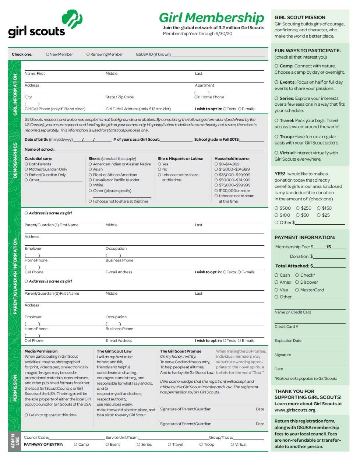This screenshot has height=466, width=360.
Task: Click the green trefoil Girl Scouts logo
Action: pyautogui.click(x=72, y=19)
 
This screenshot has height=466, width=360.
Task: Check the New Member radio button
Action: pyautogui.click(x=47, y=54)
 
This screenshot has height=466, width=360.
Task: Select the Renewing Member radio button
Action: pyautogui.click(x=88, y=54)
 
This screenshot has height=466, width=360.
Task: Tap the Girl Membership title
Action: pyautogui.click(x=211, y=17)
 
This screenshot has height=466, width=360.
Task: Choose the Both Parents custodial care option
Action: pyautogui.click(x=26, y=164)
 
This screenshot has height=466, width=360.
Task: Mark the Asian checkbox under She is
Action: pyautogui.click(x=90, y=169)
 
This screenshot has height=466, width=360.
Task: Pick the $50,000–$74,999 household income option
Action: pyautogui.click(x=216, y=180)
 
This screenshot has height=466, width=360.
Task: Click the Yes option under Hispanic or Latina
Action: pyautogui.click(x=159, y=164)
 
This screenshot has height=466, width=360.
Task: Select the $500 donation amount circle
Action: pyautogui.click(x=276, y=208)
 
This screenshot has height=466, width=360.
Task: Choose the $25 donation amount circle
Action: pyautogui.click(x=318, y=215)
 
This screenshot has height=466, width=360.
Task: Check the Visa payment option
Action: pyautogui.click(x=276, y=290)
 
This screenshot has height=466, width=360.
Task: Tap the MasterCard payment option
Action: pyautogui.click(x=297, y=290)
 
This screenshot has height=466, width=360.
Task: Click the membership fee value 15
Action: pyautogui.click(x=329, y=247)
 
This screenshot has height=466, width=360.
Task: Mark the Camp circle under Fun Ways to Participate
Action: pyautogui.click(x=276, y=66)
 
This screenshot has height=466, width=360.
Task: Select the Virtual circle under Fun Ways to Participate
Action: pyautogui.click(x=276, y=153)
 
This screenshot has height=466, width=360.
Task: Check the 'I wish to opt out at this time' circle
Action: pyautogui.click(x=26, y=415)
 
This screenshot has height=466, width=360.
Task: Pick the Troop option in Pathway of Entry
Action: pyautogui.click(x=201, y=444)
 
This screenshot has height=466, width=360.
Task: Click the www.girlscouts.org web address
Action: pyautogui.click(x=295, y=410)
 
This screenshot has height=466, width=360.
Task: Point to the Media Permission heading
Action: pyautogui.click(x=41, y=351)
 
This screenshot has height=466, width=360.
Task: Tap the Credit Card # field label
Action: pyautogui.click(x=286, y=326)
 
